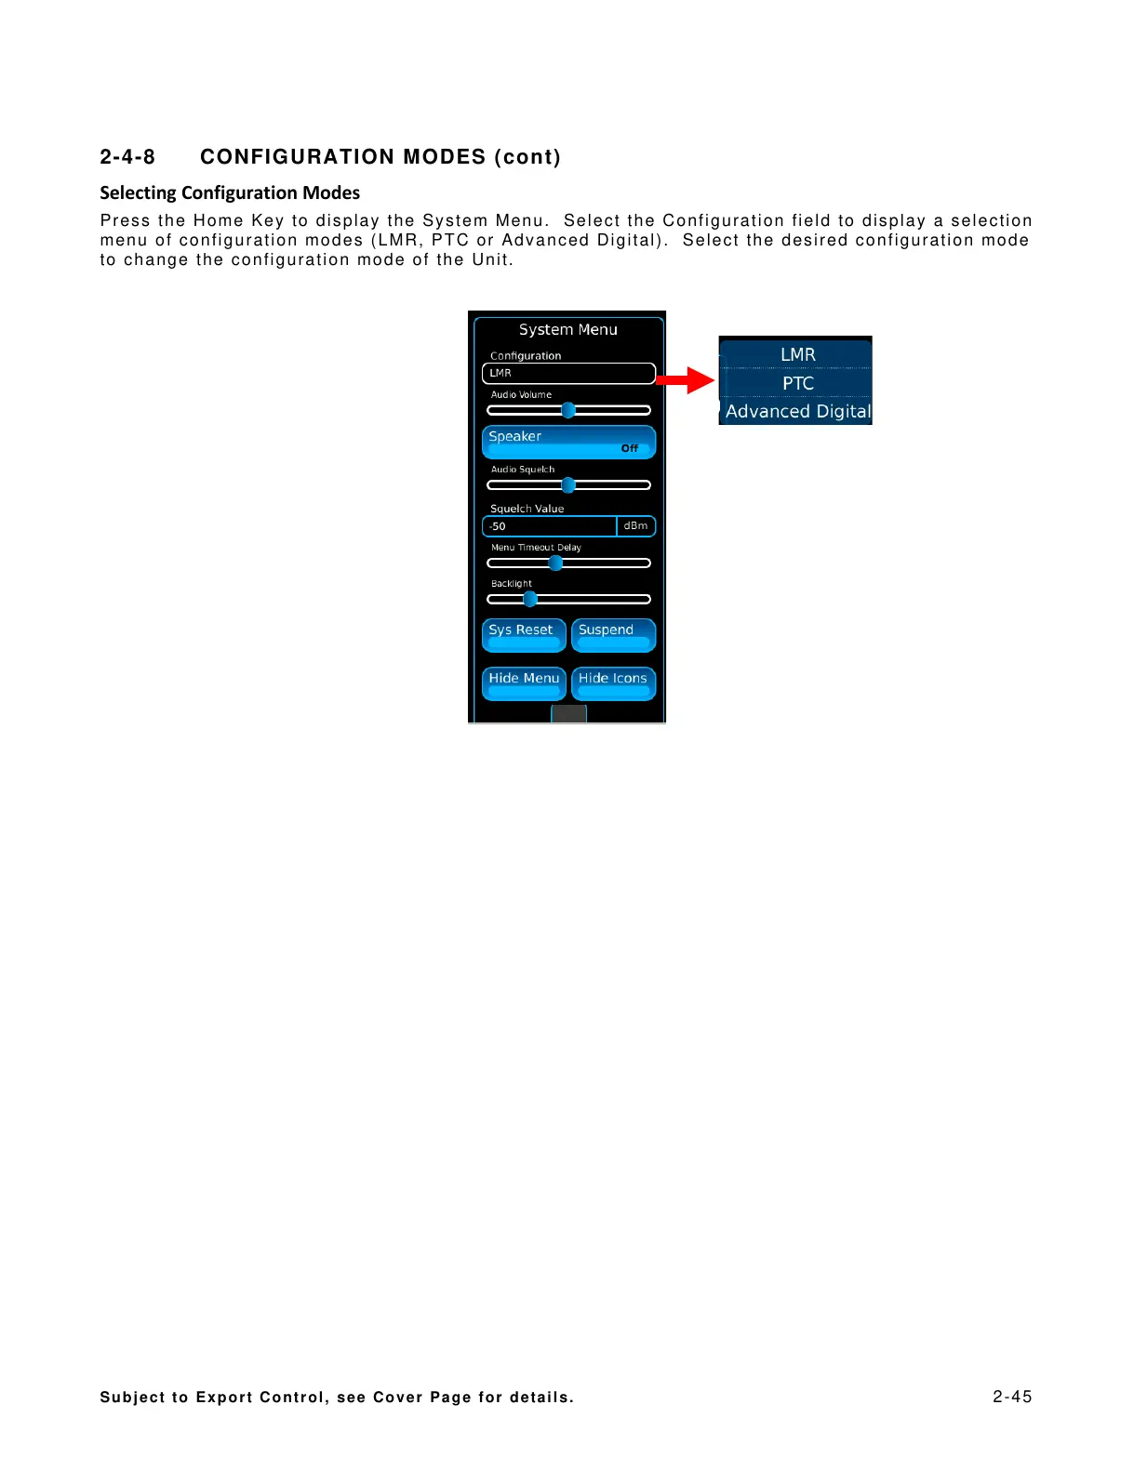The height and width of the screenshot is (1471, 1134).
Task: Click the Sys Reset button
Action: (x=523, y=634)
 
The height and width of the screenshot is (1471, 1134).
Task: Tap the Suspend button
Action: (x=613, y=634)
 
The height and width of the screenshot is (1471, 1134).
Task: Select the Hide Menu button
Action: (x=523, y=682)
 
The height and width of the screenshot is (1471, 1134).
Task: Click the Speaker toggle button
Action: (x=568, y=442)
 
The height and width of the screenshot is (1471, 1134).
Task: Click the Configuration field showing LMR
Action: (x=568, y=373)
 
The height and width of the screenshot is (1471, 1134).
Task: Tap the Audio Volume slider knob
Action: (x=568, y=410)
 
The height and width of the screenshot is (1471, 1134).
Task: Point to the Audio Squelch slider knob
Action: (x=568, y=484)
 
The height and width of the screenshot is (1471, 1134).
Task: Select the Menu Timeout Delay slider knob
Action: (x=555, y=563)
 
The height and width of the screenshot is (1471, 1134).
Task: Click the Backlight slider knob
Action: (x=530, y=599)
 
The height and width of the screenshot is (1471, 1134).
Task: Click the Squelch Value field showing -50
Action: (x=549, y=526)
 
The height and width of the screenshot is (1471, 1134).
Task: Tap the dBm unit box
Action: (x=636, y=526)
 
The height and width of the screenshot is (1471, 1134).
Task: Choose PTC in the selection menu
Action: (x=797, y=383)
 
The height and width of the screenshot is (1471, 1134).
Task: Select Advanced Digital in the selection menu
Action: (x=797, y=411)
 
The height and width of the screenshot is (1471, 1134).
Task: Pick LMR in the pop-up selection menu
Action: (x=797, y=354)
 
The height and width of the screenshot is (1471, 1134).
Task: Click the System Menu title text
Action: (x=567, y=329)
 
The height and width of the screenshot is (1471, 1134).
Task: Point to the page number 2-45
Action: (x=1011, y=1396)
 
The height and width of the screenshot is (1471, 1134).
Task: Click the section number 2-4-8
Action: (x=127, y=156)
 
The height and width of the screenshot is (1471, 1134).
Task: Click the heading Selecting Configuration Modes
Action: (x=230, y=192)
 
